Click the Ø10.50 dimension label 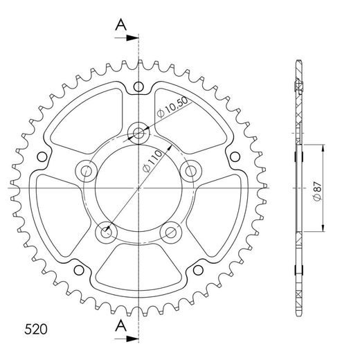pyautogui.click(x=172, y=107)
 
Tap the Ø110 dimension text pyautogui.click(x=152, y=161)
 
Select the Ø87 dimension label pyautogui.click(x=318, y=191)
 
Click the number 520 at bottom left pyautogui.click(x=36, y=329)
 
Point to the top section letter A pyautogui.click(x=121, y=25)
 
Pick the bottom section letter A pyautogui.click(x=121, y=325)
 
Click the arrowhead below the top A pyautogui.click(x=132, y=38)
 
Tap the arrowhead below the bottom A pyautogui.click(x=132, y=339)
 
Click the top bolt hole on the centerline pyautogui.click(x=138, y=133)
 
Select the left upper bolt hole pyautogui.click(x=87, y=171)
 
